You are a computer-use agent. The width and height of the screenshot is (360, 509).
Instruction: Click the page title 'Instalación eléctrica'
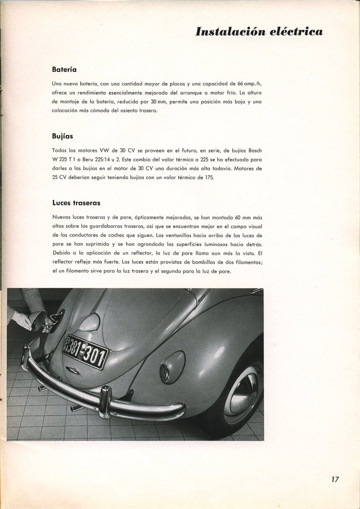(259, 32)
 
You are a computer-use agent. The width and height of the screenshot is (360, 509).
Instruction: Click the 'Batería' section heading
(64, 70)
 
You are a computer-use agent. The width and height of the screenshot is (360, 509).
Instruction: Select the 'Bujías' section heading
(62, 136)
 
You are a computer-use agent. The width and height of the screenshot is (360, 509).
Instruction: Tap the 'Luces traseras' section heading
(76, 203)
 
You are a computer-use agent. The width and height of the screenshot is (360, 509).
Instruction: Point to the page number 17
(335, 480)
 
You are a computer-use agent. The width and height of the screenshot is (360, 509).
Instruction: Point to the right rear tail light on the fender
(172, 367)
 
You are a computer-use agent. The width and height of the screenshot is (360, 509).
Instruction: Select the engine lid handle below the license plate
(73, 370)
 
